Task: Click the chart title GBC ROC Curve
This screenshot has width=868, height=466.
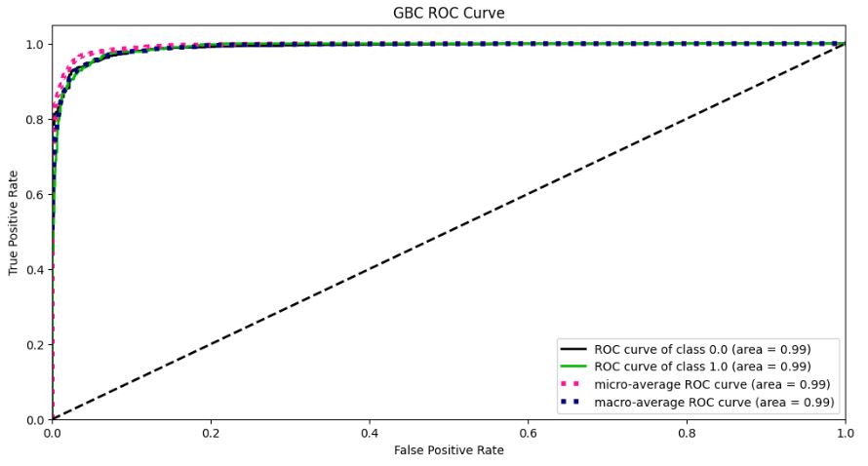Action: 449,13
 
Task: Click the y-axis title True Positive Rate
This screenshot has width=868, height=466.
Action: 14,223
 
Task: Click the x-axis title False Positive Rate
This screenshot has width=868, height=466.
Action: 449,450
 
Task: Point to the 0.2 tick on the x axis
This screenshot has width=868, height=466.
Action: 211,432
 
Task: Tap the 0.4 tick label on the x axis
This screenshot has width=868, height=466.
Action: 370,432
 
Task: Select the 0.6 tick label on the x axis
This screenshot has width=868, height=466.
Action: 528,432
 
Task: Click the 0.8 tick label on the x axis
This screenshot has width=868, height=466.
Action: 687,432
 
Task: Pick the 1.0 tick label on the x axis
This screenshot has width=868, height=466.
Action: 845,432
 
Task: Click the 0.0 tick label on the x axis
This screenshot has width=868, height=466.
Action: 53,432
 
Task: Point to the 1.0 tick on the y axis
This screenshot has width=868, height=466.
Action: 35,44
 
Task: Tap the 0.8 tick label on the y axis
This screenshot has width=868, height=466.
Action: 35,119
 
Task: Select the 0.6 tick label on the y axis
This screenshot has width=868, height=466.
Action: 35,194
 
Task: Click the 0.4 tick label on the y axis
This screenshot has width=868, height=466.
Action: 35,269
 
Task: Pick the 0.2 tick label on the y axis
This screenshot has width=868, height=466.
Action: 35,344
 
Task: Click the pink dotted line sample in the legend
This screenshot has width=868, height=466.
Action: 572,384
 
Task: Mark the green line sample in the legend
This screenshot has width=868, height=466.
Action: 572,367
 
